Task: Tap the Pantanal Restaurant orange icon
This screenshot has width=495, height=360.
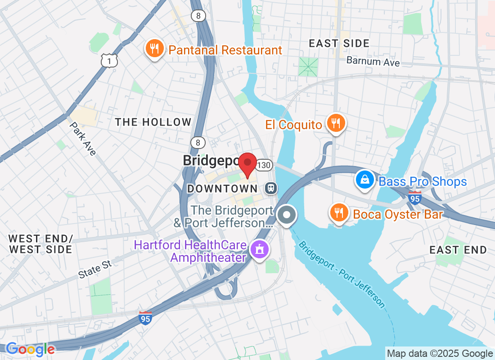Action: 155,49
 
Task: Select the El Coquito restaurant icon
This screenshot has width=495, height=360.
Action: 335,123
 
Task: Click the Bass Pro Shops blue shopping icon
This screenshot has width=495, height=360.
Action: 365,180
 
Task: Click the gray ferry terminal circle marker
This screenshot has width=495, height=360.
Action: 286,215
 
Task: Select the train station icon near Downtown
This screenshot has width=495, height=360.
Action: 271,188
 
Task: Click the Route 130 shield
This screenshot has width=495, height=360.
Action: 264,165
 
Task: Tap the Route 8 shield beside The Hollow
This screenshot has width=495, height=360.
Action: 198,142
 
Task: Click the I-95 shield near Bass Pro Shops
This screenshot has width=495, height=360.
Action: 414,197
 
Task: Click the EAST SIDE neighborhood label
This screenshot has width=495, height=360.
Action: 340,43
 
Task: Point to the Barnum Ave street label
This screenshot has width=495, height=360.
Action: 373,61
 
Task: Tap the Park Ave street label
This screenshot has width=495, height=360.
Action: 83,139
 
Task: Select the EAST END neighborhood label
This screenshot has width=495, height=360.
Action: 458,250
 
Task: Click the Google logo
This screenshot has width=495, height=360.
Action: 30,349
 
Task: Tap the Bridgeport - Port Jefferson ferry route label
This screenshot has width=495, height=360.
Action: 342,275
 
